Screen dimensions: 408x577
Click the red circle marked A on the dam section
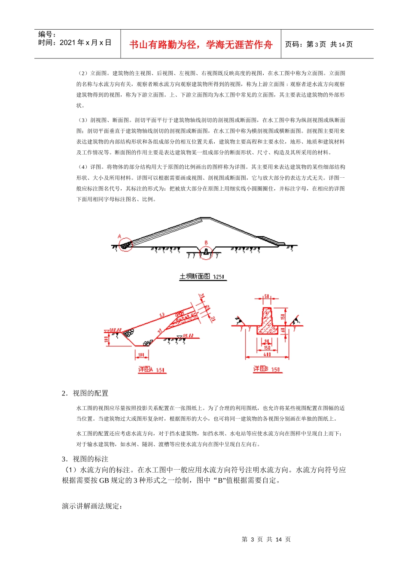point(125,245)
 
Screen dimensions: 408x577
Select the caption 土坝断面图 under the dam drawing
point(202,276)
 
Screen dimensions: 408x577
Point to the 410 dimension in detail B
point(267,355)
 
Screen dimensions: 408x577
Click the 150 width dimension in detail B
point(267,348)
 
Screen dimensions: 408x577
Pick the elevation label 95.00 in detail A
point(188,336)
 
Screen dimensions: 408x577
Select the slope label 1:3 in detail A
point(162,316)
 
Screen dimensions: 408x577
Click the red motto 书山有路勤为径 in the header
point(201,45)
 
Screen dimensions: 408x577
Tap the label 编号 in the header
point(47,34)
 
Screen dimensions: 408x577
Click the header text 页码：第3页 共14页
point(319,45)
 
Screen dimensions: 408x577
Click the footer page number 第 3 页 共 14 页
point(266,539)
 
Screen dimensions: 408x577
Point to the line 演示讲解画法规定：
point(92,506)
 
